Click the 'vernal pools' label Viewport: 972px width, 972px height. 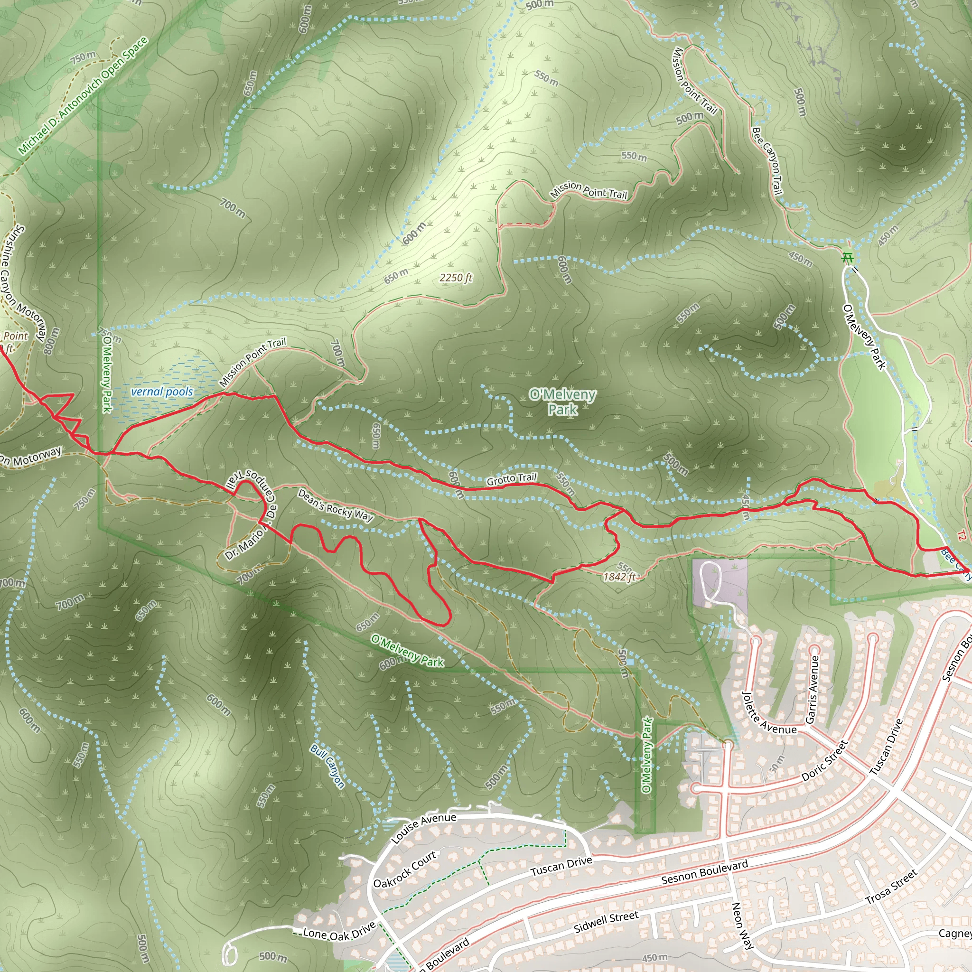coord(161,392)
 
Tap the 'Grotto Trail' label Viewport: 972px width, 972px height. coord(511,478)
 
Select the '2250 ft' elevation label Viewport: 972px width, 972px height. coord(456,278)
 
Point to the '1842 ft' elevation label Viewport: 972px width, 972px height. coord(619,577)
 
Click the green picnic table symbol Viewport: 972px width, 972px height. coord(848,258)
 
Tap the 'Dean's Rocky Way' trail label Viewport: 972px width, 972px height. coord(335,505)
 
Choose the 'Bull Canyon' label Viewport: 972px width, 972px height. coord(327,766)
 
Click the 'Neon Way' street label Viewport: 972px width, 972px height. coord(742,925)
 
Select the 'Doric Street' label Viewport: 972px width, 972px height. coord(824,760)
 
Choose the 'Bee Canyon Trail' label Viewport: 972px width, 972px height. coord(767,161)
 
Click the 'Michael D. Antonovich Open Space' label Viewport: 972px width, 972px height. coord(83,95)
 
